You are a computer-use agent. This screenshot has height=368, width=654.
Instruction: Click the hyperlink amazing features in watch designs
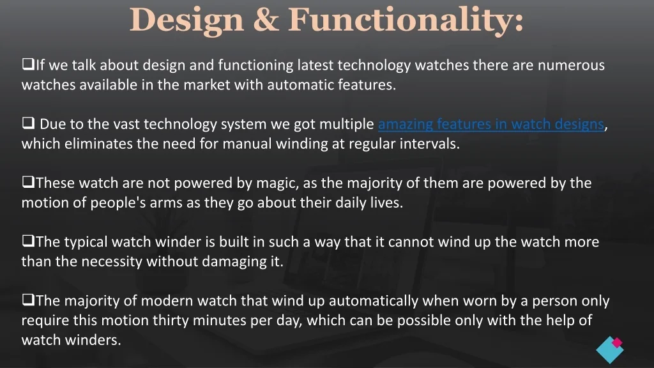491,124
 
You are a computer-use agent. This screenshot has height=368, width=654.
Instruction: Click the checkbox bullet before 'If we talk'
28,65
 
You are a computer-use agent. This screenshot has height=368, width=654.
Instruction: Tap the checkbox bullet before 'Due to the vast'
28,123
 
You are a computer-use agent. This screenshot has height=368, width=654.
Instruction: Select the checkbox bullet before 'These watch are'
28,182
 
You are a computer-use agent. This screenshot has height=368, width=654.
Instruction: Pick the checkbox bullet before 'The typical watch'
28,241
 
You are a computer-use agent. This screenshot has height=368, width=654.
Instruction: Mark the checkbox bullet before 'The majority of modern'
28,300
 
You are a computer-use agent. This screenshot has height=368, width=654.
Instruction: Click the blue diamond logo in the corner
610,349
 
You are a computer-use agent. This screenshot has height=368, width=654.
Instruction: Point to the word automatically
373,301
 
